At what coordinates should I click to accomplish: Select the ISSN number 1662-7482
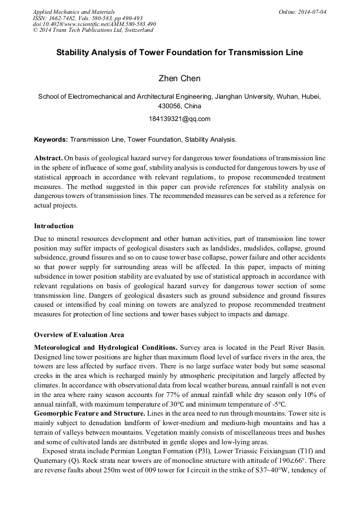(x=60, y=18)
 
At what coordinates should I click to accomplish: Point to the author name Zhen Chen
(x=179, y=79)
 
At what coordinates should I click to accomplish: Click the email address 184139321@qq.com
(x=179, y=118)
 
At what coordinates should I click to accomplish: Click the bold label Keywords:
(x=50, y=140)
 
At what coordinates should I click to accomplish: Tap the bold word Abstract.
(x=48, y=158)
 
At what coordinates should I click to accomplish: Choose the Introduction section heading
(x=54, y=226)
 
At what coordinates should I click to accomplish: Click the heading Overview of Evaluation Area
(x=79, y=334)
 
